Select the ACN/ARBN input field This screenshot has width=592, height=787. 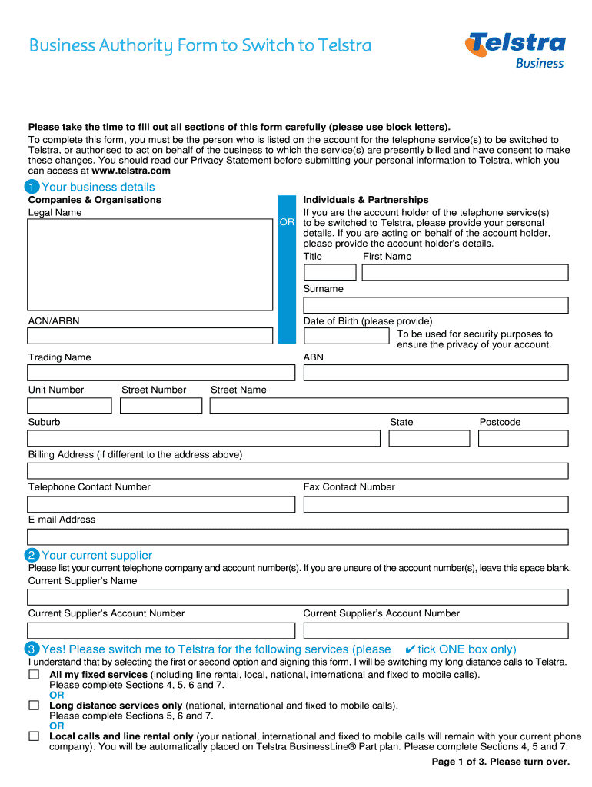coord(150,336)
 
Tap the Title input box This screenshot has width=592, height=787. coord(330,273)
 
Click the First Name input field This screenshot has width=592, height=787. coord(464,273)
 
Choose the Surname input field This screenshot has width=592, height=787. coord(435,305)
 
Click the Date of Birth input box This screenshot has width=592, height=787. coord(347,336)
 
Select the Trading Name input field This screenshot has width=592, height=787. coord(161,373)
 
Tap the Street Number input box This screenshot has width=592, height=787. coord(161,406)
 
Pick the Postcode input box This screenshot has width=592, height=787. coord(523,438)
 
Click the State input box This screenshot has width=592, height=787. coord(428,438)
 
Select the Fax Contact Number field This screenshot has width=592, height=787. coord(435,504)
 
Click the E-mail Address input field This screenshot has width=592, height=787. coord(298,536)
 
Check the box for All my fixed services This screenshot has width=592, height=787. coord(34,674)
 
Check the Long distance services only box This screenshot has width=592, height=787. coord(34,705)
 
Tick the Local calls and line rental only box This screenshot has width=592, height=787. coord(34,736)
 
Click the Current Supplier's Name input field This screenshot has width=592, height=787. coord(298,597)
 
